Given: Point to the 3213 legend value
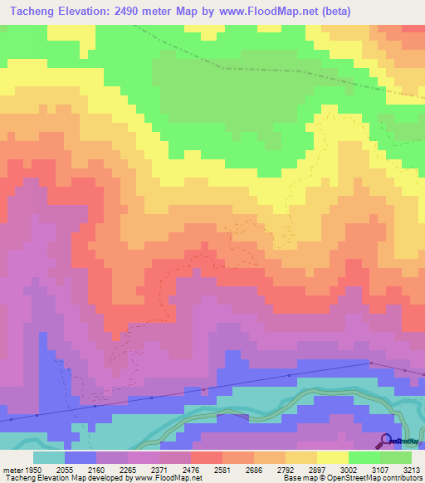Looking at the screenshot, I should (411, 469).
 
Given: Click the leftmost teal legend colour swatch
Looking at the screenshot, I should (49, 457).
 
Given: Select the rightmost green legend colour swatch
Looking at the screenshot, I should (396, 457).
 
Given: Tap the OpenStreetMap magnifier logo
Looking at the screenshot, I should (384, 442).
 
